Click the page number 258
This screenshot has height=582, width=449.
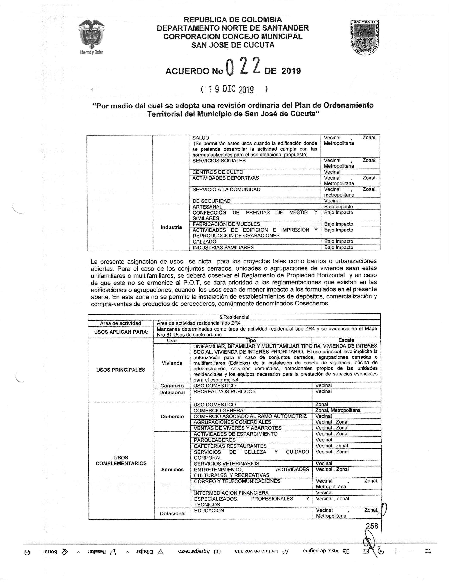pos(372,526)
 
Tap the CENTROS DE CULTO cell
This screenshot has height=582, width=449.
pos(218,172)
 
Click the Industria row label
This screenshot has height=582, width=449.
pos(171,227)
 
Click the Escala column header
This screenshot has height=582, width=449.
pos(346,340)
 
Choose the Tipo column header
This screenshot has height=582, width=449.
pos(251,340)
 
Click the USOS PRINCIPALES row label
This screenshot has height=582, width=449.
pos(121,370)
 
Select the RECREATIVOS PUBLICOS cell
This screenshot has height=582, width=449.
pos(224,392)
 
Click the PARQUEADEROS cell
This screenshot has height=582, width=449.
pos(215,440)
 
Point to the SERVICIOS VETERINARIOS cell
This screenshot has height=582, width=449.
pos(226,463)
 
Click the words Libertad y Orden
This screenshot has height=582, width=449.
pos(91,52)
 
